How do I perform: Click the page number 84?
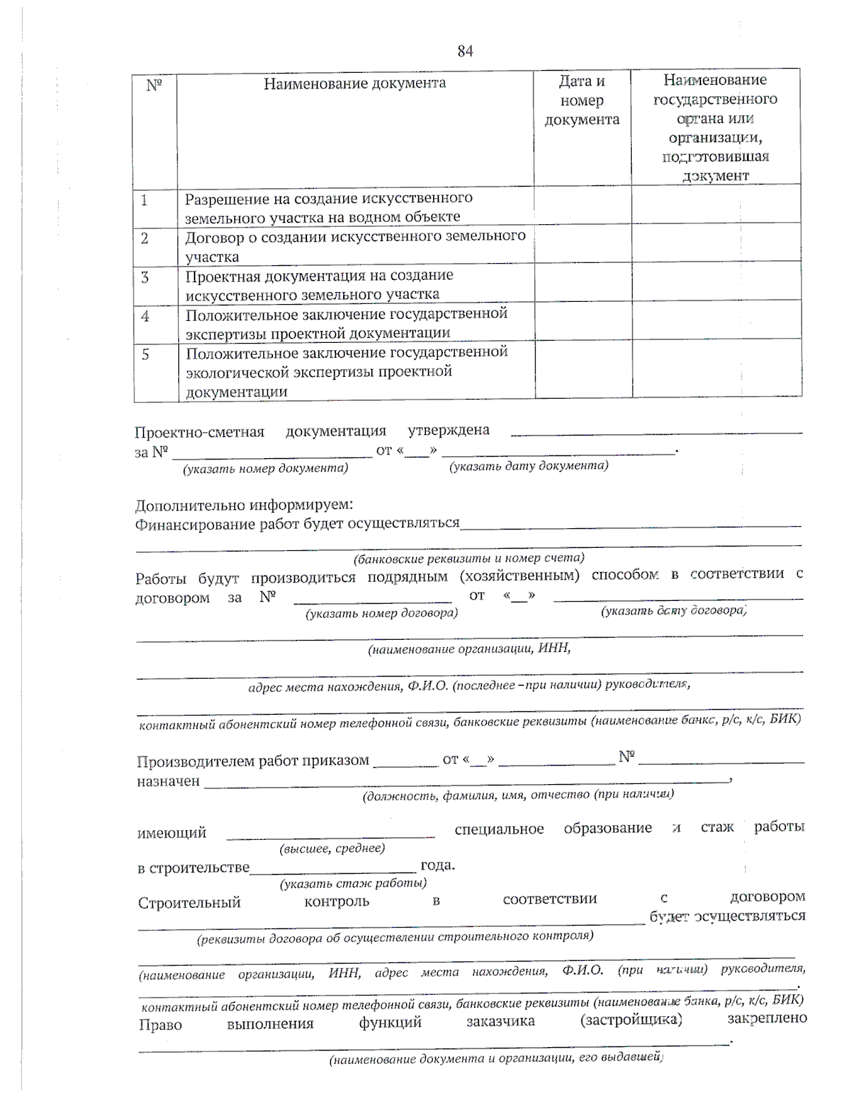coord(465,51)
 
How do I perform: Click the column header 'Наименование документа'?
coord(354,83)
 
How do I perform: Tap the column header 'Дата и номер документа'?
coord(582,100)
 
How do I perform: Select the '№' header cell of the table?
coord(154,85)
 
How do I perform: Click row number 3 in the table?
coord(145,277)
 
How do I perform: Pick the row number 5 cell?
coord(146,354)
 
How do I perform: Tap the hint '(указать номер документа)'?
coord(265,468)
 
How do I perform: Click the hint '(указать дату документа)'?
coord(529,465)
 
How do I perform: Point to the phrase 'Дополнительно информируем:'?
coord(244,506)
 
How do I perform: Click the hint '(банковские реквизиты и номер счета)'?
coord(469,558)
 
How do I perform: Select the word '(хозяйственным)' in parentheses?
coord(519,576)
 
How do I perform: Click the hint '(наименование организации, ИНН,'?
coord(468,648)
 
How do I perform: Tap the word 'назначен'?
coord(168,781)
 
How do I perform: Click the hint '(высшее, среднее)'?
coord(332,848)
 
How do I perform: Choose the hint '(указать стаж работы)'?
coord(353,883)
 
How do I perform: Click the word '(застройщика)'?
coord(630,1020)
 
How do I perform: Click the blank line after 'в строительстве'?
coord(333,868)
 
